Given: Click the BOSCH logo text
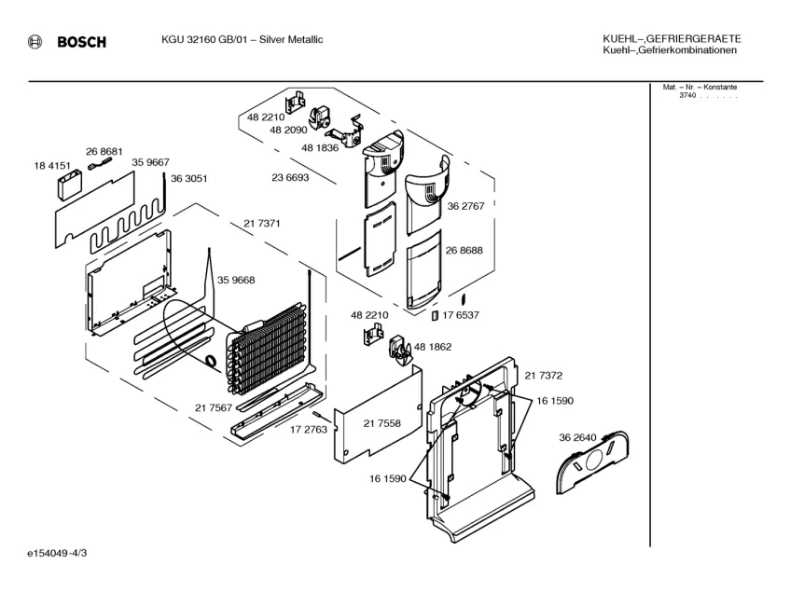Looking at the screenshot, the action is (82, 42).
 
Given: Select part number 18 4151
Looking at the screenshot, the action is (52, 165).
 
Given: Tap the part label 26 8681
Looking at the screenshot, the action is (104, 151).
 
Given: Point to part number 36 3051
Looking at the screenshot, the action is (189, 178).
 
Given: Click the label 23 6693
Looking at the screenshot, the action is (290, 177).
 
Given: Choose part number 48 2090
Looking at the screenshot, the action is (288, 130).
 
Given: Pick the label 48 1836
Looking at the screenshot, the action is (320, 147).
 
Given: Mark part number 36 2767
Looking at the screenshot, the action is (465, 206).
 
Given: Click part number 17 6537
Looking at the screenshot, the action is (461, 315).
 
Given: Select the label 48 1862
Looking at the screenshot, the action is (433, 347).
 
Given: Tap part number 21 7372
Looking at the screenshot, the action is (544, 376).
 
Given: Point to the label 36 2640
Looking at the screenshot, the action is (577, 437).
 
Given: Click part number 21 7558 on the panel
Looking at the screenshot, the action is (382, 423).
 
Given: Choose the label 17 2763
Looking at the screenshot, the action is (309, 430).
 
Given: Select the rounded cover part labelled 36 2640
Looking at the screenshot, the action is (593, 461).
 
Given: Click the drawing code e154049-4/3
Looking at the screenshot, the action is (57, 553).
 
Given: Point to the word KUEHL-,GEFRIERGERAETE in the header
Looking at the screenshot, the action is (672, 39).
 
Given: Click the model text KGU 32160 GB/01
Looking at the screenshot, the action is (204, 40).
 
